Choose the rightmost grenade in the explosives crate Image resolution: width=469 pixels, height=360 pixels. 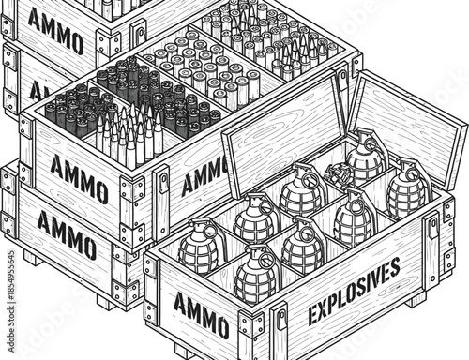pos(408,187)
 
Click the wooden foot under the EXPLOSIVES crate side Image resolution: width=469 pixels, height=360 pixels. pos(413,300)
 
